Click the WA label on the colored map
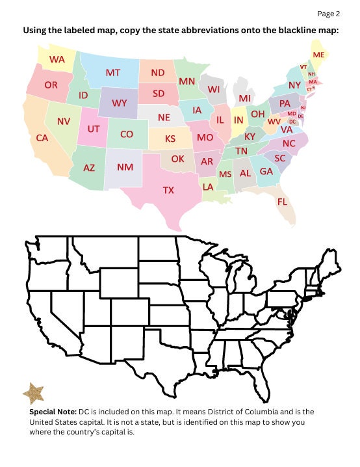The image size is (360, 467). pos(57,59)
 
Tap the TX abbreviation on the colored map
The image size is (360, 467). pos(168,191)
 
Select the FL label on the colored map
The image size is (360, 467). pos(282,202)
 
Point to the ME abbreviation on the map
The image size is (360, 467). pos(318,55)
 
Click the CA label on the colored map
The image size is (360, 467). pos(42,138)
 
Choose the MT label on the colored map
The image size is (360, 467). pos(113,73)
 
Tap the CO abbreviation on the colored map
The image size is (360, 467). pos(127,134)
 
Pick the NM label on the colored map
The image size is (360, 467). pos(125,167)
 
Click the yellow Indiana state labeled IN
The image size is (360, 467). pos(238,120)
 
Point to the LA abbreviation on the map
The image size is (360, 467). pos(208,187)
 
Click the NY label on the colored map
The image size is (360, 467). pos(294,85)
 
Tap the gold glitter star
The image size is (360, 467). pos(33,393)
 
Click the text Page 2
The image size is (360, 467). pos(328,13)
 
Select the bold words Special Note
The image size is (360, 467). pos(53,412)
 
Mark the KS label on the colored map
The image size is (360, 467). pos(170,139)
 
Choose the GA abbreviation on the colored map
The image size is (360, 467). pos(266,171)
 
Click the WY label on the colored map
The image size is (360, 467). pos(119,103)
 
